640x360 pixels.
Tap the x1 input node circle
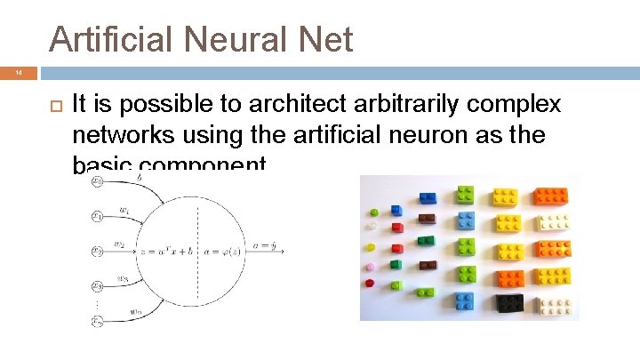[97, 215]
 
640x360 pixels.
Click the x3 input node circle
[97, 285]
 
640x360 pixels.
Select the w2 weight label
[119, 244]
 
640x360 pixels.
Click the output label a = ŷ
[266, 244]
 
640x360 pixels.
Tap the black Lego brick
[510, 304]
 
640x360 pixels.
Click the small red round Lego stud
[370, 284]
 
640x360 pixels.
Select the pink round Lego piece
[370, 267]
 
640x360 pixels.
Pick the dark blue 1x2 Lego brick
[427, 197]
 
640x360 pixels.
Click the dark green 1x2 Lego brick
[427, 239]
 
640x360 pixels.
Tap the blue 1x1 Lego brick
[396, 210]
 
